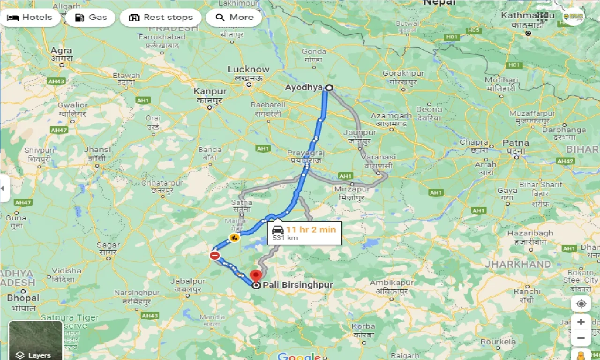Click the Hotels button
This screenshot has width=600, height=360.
tap(30, 18)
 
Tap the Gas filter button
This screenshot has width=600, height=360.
tap(91, 18)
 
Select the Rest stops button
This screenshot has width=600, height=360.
tap(161, 18)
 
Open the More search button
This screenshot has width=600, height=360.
tap(234, 18)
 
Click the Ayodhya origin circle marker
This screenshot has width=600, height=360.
tap(329, 88)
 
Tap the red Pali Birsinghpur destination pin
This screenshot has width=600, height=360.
tap(255, 276)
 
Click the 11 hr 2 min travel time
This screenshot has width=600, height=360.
tap(311, 229)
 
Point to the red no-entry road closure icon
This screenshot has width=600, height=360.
tap(215, 255)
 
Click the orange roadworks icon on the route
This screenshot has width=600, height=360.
tap(234, 238)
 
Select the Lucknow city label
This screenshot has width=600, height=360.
tap(248, 69)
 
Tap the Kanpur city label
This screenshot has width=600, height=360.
tap(210, 91)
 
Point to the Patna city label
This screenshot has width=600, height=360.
tap(516, 143)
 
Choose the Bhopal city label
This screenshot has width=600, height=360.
tap(23, 298)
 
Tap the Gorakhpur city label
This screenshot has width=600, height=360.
tap(403, 74)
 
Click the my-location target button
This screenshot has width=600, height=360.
tap(581, 304)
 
